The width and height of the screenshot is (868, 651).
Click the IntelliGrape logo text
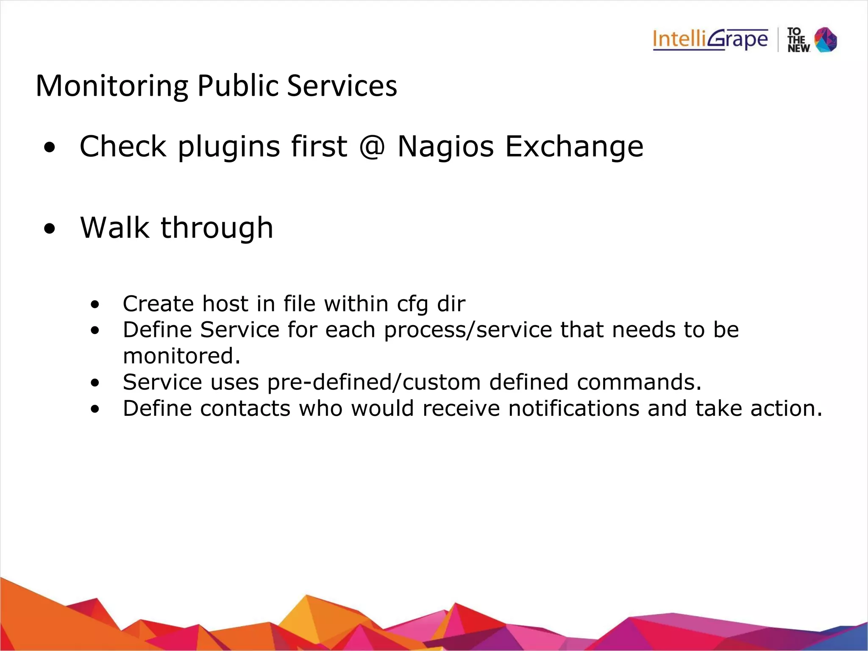pos(710,40)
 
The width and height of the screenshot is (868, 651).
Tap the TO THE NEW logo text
pos(798,40)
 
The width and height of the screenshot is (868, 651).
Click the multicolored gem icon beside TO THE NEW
pos(826,40)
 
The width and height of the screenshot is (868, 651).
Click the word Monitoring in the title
pos(111,86)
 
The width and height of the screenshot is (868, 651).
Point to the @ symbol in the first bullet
pos(372,147)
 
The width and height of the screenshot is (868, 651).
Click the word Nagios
pos(445,147)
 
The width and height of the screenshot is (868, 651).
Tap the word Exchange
pos(574,147)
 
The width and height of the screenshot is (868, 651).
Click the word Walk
pos(114,228)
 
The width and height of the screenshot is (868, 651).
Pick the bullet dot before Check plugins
pos(50,148)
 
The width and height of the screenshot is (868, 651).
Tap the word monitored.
pos(181,356)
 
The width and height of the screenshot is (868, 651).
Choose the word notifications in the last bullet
pos(573,409)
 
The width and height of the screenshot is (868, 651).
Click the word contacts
pos(245,409)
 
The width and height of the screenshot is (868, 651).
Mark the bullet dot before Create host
pos(95,304)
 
